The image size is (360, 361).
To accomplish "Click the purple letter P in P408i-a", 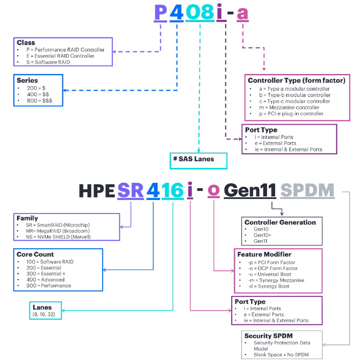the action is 160,12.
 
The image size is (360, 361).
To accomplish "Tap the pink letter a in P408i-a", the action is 243,14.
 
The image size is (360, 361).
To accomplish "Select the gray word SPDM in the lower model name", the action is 307,190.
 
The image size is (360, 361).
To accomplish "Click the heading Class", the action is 26,42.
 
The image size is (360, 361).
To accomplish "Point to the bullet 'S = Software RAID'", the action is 48,62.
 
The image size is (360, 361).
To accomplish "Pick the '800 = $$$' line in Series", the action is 39,101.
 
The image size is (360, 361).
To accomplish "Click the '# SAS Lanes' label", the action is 194,159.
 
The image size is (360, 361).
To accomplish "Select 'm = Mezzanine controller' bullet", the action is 289,107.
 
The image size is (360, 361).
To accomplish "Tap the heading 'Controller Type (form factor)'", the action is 296,80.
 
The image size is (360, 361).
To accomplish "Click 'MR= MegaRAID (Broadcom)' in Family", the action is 58,231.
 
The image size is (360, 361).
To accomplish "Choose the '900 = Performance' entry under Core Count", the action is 49,286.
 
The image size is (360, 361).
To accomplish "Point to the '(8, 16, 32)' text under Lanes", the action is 44,315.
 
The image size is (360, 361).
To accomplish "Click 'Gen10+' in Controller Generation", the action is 262,235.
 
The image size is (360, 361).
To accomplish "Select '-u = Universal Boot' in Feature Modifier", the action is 270,274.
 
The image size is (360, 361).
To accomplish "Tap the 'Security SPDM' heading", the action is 268,336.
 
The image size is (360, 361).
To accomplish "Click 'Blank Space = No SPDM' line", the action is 281,355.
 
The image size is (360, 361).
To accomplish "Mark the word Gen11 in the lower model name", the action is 250,190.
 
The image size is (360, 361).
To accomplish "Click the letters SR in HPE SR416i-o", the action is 131,190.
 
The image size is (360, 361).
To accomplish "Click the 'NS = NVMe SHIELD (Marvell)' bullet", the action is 58,237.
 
